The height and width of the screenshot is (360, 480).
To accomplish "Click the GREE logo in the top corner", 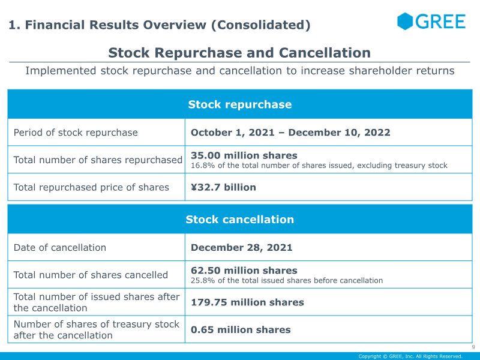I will click(x=431, y=22).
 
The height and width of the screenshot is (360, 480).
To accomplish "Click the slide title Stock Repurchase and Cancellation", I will click(x=239, y=53).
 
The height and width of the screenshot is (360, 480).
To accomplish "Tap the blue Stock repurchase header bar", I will click(x=239, y=104).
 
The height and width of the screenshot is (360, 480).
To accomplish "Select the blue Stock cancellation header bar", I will click(x=239, y=220).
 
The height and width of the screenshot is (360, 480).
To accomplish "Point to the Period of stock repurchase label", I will click(x=76, y=133).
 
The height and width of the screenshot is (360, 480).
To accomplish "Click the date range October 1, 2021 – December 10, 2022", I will click(x=290, y=133).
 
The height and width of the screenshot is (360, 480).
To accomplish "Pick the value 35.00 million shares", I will click(x=244, y=155).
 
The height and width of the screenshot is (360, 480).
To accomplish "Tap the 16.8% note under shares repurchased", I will click(x=319, y=166).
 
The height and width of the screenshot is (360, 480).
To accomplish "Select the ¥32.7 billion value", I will click(x=223, y=187).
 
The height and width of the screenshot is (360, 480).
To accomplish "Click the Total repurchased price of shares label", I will click(x=91, y=187).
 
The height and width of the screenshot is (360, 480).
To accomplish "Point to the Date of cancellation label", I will click(x=60, y=247).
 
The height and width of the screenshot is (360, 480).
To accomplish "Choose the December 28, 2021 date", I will click(x=242, y=247).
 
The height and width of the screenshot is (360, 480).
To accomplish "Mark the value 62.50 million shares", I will click(x=244, y=271).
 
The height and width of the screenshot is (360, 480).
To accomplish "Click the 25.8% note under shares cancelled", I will click(x=286, y=280).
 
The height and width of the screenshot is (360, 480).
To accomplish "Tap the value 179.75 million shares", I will click(x=247, y=302).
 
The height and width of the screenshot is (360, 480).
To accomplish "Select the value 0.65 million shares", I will click(x=241, y=329).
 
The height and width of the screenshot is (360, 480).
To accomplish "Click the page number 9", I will click(x=473, y=347).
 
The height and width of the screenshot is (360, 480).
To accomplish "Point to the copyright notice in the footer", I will click(x=410, y=356).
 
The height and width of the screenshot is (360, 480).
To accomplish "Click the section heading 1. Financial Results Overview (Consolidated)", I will click(x=159, y=25).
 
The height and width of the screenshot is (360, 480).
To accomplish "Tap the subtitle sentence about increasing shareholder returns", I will click(x=239, y=71).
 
